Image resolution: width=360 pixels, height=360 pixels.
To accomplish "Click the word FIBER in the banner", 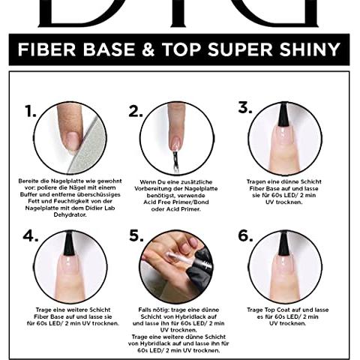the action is click(x=46, y=49).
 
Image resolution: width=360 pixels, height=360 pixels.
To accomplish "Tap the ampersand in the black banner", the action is click(x=148, y=49).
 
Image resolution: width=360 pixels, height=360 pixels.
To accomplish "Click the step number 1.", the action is click(x=31, y=111).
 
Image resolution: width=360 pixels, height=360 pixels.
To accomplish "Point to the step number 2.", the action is click(x=136, y=111).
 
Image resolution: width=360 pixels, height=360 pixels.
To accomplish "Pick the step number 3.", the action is click(x=245, y=108).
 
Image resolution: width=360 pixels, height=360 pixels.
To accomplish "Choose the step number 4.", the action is click(x=31, y=235).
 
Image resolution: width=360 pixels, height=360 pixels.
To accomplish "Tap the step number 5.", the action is click(x=136, y=235).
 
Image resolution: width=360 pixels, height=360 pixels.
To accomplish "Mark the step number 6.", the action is click(x=245, y=235).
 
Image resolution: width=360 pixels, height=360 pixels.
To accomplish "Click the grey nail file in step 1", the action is click(x=88, y=148).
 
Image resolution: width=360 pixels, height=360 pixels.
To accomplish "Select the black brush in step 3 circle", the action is click(x=283, y=115).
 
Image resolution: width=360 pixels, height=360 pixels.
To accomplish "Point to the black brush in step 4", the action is click(x=69, y=244).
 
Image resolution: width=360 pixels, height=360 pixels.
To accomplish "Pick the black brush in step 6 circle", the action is click(x=283, y=244).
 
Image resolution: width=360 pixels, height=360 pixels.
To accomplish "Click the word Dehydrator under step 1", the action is click(x=70, y=214).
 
